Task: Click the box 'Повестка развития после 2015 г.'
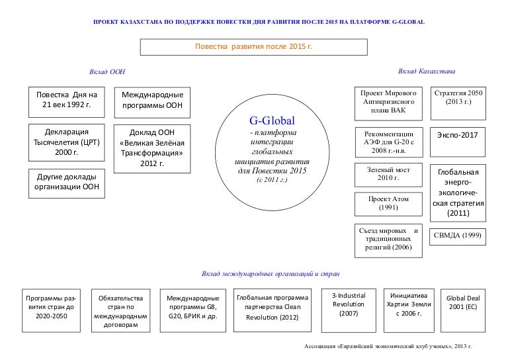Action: (x=253, y=47)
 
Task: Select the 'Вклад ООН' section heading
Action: (x=107, y=71)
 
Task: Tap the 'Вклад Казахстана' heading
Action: (x=427, y=71)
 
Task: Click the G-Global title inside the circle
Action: (x=271, y=121)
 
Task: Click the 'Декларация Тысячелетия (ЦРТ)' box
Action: (x=66, y=142)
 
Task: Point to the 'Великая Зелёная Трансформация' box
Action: (x=152, y=148)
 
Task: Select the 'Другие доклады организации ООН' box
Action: (x=66, y=183)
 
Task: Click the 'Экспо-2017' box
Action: (x=458, y=135)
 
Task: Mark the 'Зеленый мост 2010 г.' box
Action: (x=388, y=173)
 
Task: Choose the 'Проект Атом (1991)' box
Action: (x=388, y=203)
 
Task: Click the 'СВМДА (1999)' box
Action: (x=458, y=235)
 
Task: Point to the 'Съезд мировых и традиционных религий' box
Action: (x=388, y=238)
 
